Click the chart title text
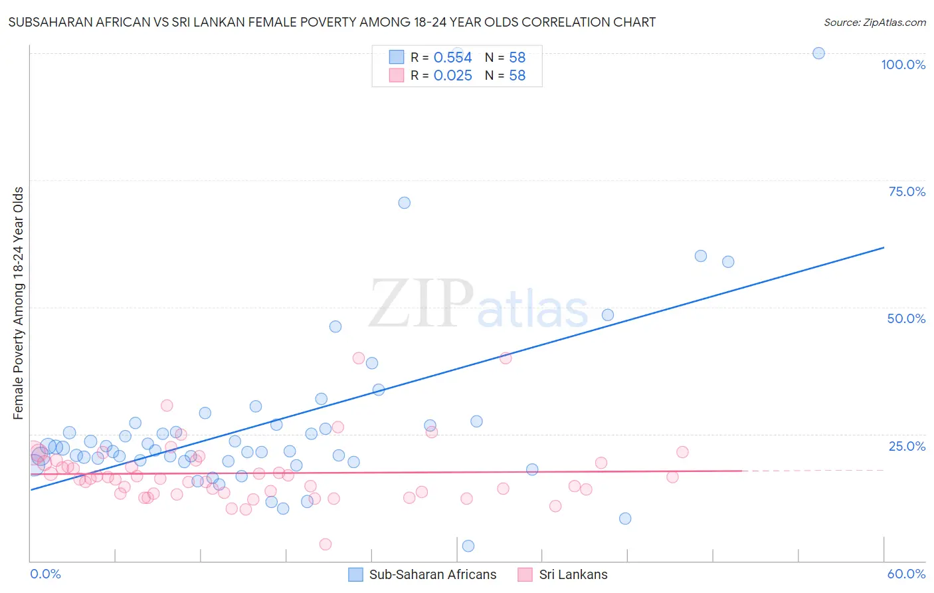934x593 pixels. (331, 22)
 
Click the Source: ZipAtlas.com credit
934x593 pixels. (874, 22)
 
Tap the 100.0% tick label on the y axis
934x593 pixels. (903, 64)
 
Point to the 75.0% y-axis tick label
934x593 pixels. (907, 191)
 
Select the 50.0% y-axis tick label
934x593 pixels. (906, 318)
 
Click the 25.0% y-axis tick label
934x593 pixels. (907, 445)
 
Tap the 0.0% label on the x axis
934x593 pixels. (45, 574)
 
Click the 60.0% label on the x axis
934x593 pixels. (906, 574)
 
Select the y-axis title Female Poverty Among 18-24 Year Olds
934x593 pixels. (19, 303)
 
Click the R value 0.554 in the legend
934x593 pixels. (452, 58)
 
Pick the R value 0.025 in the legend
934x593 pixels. (452, 76)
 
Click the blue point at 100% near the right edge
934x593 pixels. (818, 53)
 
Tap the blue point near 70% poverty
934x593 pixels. (404, 203)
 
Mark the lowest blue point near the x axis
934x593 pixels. (468, 546)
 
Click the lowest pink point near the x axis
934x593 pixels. (326, 544)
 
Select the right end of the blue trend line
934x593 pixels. (882, 248)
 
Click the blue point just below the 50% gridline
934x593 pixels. (607, 315)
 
